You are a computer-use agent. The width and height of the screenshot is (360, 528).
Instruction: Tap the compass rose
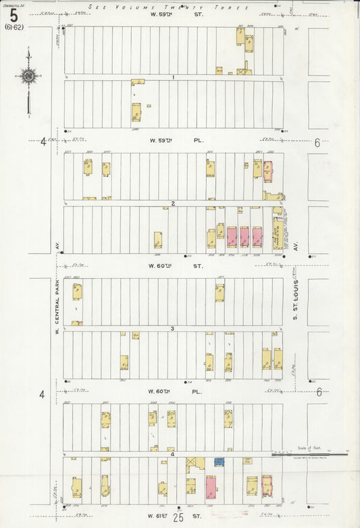tap(28, 76)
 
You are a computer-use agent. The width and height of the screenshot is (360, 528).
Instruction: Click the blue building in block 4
tap(219, 462)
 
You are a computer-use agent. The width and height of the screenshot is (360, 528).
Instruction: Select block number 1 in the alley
tap(174, 78)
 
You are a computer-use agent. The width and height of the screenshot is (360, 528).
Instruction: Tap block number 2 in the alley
tap(174, 203)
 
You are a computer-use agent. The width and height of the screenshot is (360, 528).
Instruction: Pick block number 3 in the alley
tap(173, 329)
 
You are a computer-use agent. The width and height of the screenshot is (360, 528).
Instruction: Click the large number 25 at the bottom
tap(179, 519)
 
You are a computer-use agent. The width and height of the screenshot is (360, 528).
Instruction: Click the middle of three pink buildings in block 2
tap(244, 236)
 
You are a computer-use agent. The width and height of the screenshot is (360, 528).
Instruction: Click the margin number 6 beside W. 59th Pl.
tap(315, 142)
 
